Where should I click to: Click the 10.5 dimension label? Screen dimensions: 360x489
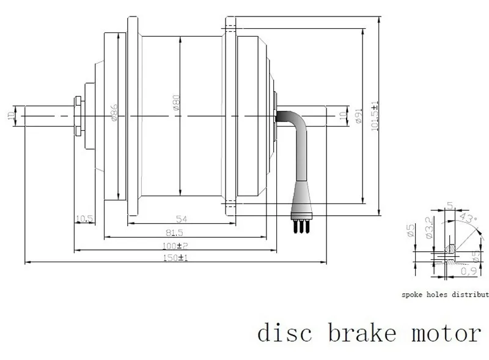pos(84,219)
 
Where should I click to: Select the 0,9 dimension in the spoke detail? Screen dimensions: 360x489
pos(469,271)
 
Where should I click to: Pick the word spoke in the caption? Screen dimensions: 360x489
pos(413,294)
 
